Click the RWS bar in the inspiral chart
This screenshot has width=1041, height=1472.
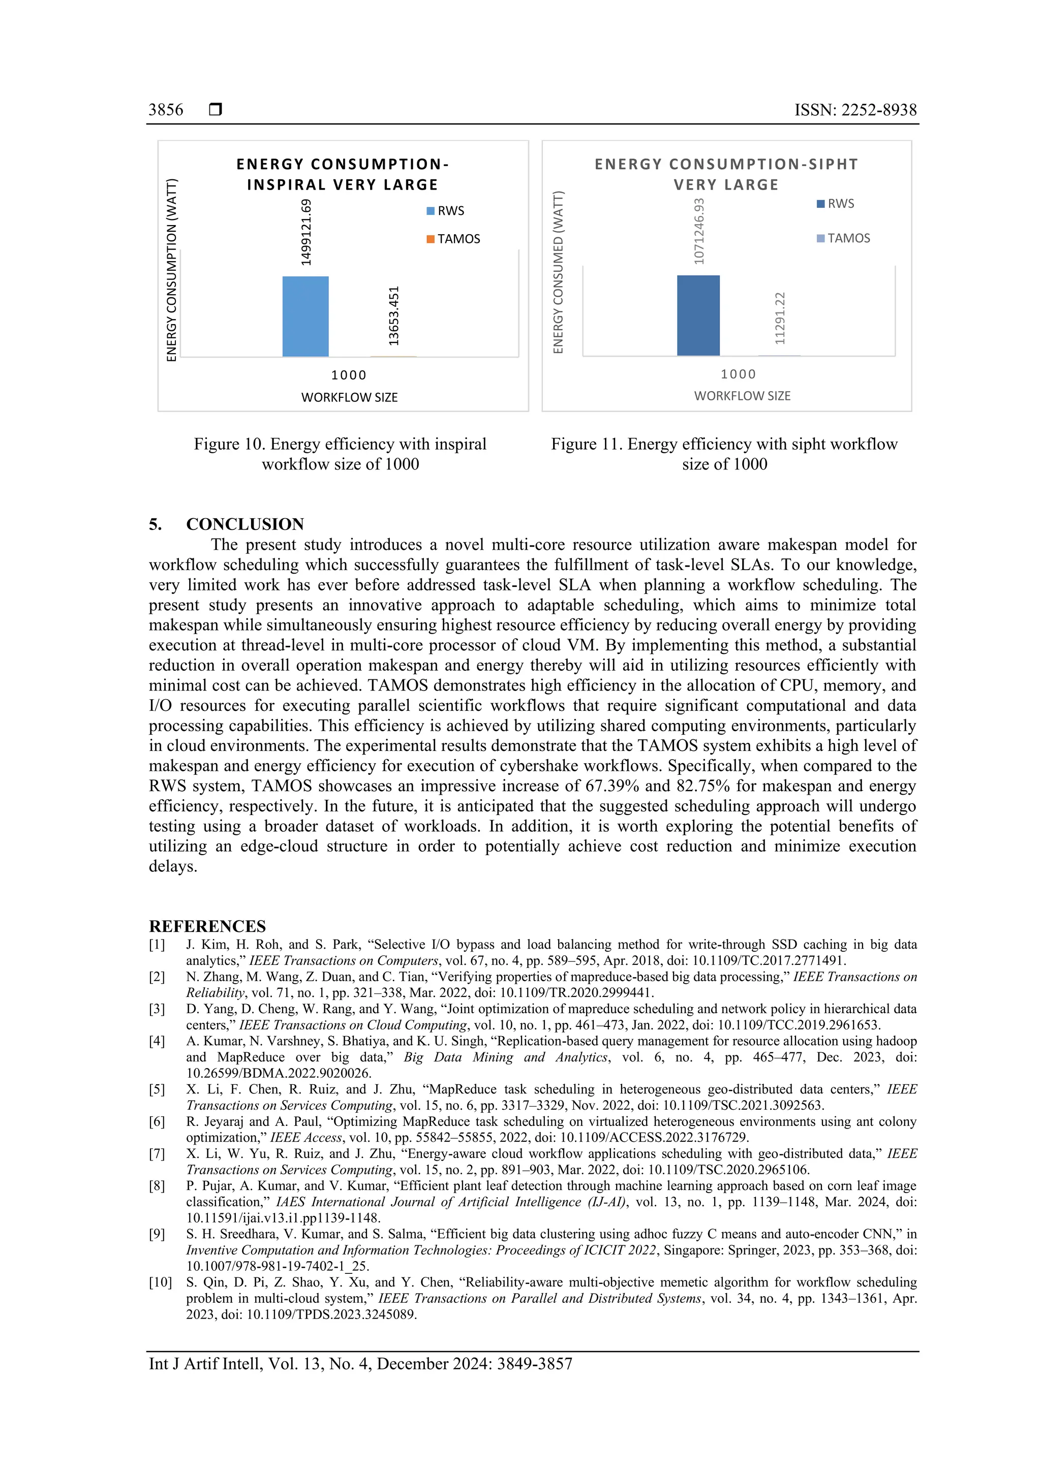305,316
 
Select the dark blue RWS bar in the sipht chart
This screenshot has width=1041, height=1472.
698,315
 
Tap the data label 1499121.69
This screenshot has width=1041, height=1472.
306,232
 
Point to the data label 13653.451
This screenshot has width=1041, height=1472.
394,316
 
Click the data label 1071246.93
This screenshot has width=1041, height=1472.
698,231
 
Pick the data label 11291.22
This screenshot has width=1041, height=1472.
779,318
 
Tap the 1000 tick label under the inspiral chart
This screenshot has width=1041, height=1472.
348,375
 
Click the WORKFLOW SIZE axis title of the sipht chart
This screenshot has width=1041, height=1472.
742,396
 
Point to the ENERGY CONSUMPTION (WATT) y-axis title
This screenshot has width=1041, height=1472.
171,270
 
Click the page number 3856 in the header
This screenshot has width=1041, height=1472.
166,110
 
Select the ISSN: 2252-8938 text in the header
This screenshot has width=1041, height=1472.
855,110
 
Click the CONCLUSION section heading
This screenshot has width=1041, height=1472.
244,524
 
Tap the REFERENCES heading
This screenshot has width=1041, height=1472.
207,926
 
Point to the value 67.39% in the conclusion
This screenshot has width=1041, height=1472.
610,786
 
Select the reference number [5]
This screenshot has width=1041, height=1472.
157,1089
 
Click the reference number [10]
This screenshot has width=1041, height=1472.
160,1282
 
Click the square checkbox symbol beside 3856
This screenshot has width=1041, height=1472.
216,110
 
